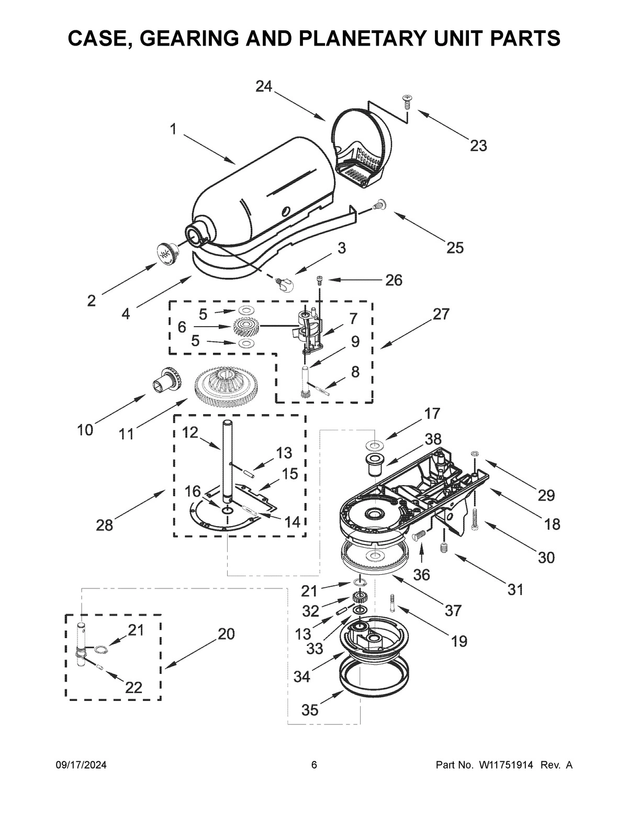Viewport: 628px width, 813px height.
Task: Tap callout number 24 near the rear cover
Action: tap(264, 86)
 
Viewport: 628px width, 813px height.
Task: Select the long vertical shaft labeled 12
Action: tap(228, 455)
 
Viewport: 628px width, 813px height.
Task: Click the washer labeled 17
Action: tap(374, 446)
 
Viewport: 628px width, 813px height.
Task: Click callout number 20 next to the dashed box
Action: tap(226, 634)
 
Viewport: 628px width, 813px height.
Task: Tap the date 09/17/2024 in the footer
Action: tap(81, 765)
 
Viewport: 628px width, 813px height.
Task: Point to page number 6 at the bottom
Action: tap(314, 765)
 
